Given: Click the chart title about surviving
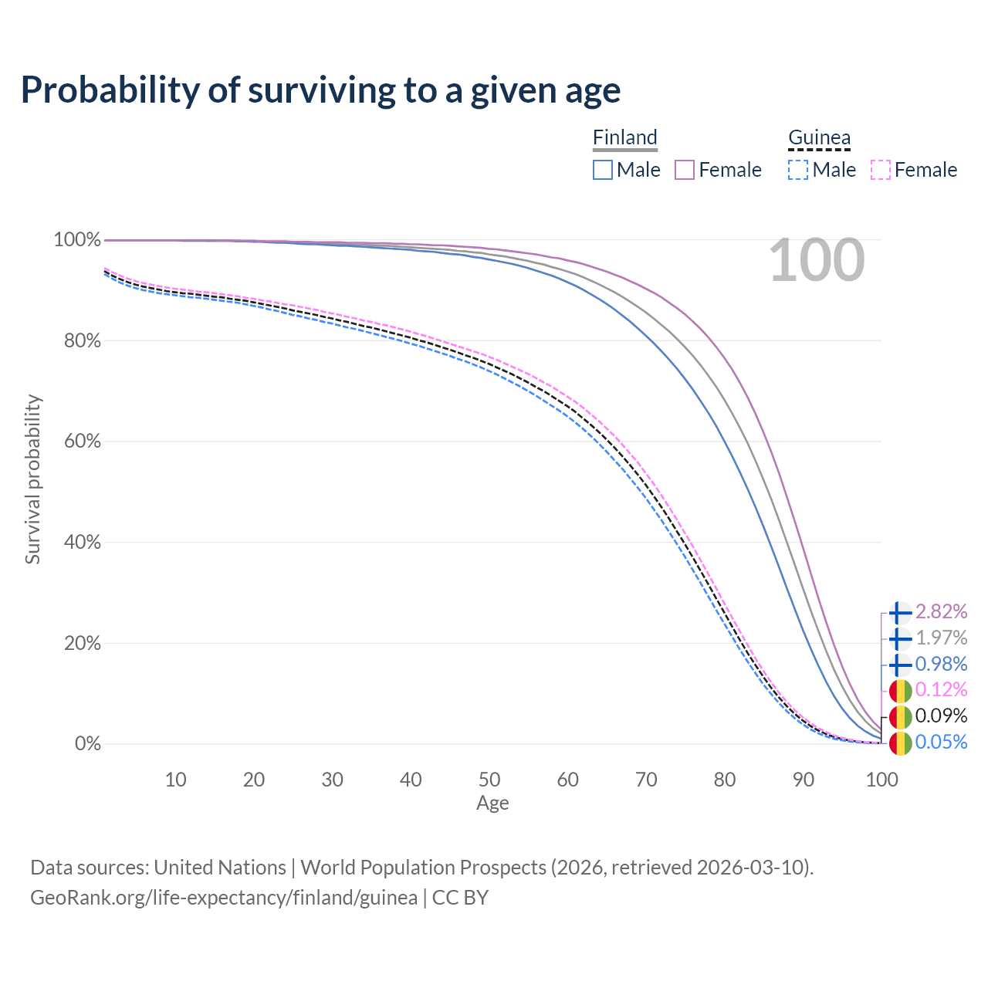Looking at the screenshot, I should pyautogui.click(x=320, y=90).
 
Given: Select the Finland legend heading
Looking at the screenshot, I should pyautogui.click(x=624, y=137).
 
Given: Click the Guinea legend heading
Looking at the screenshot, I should pyautogui.click(x=819, y=137).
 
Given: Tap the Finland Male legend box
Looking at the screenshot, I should pyautogui.click(x=603, y=170).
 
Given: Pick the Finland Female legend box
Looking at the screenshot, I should pyautogui.click(x=685, y=170).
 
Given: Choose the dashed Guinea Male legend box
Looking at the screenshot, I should pyautogui.click(x=798, y=170).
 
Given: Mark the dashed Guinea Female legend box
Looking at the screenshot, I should pyautogui.click(x=881, y=170).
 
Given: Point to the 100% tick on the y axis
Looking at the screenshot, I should pyautogui.click(x=77, y=240).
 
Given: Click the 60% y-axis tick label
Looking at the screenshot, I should pyautogui.click(x=81, y=442).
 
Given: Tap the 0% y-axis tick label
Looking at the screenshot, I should pyautogui.click(x=88, y=744).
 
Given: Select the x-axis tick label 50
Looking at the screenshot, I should pyautogui.click(x=489, y=780).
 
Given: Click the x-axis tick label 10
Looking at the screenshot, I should pyautogui.click(x=175, y=780).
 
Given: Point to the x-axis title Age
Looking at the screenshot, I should pyautogui.click(x=492, y=804).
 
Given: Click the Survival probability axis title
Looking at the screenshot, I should pyautogui.click(x=32, y=479).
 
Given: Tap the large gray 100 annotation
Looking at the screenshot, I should pyautogui.click(x=817, y=261).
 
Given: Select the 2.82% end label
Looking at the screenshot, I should pyautogui.click(x=941, y=612).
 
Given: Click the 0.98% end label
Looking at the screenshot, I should pyautogui.click(x=941, y=664).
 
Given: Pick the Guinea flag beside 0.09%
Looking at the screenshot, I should pyautogui.click(x=900, y=716).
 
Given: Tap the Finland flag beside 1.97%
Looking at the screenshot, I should pyautogui.click(x=900, y=638).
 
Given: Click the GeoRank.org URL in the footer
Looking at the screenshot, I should pyautogui.click(x=224, y=898).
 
